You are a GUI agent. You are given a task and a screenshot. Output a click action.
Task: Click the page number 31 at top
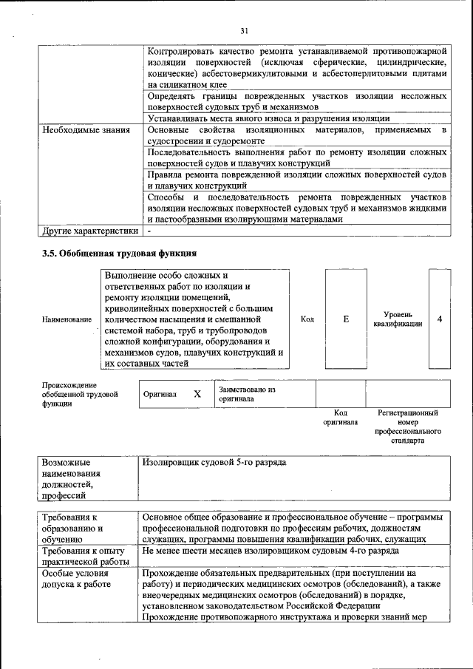click(244, 30)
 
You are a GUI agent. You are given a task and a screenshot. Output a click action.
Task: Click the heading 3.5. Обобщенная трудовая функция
click(118, 254)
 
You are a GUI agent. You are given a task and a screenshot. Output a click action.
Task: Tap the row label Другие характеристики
click(90, 230)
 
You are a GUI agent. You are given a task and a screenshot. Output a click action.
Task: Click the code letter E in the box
click(346, 319)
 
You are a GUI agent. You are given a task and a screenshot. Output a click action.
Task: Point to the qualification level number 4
click(440, 319)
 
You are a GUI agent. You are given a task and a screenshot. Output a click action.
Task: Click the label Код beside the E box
click(307, 319)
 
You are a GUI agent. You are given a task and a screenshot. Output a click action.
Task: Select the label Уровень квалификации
click(398, 319)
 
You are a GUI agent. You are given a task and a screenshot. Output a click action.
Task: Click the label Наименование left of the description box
click(67, 319)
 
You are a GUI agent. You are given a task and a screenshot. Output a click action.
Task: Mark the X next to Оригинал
click(197, 394)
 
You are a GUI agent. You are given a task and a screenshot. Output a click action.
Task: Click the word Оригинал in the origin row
click(160, 394)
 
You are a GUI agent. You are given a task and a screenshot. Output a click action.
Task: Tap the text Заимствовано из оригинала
click(246, 393)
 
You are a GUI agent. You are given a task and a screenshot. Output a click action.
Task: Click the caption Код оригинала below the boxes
click(340, 418)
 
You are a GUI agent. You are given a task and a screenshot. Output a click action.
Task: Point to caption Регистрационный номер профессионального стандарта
click(408, 427)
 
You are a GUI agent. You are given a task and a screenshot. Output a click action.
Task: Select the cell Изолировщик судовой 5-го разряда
click(214, 463)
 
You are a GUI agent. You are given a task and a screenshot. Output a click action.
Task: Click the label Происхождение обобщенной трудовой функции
click(80, 394)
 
